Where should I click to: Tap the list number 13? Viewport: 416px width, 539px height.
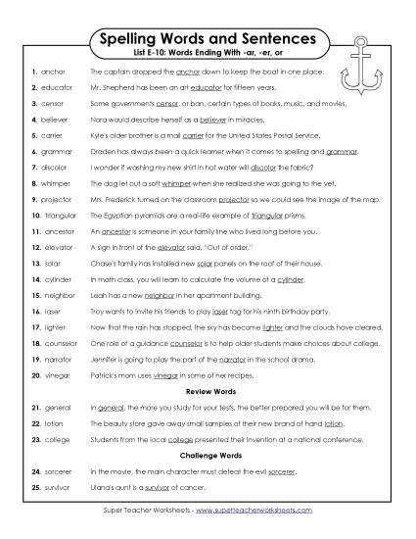pyautogui.click(x=35, y=264)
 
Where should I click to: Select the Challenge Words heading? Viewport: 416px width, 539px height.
pyautogui.click(x=208, y=457)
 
